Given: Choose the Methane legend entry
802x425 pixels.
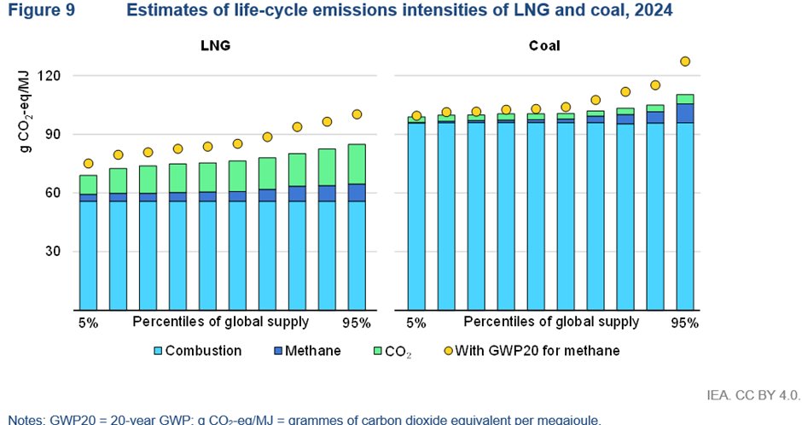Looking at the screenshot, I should pos(312,351).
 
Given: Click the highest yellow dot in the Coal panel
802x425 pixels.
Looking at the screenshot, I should pos(684,61).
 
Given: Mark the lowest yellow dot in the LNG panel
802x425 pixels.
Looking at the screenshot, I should pos(88,163).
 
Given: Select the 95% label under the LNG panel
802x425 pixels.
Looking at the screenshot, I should pos(357,323).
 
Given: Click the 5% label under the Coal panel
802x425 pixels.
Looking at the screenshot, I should pos(416,323).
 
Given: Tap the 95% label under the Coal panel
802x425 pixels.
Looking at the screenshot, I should pos(684,323).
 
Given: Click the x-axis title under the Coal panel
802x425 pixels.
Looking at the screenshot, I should pos(551,322).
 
